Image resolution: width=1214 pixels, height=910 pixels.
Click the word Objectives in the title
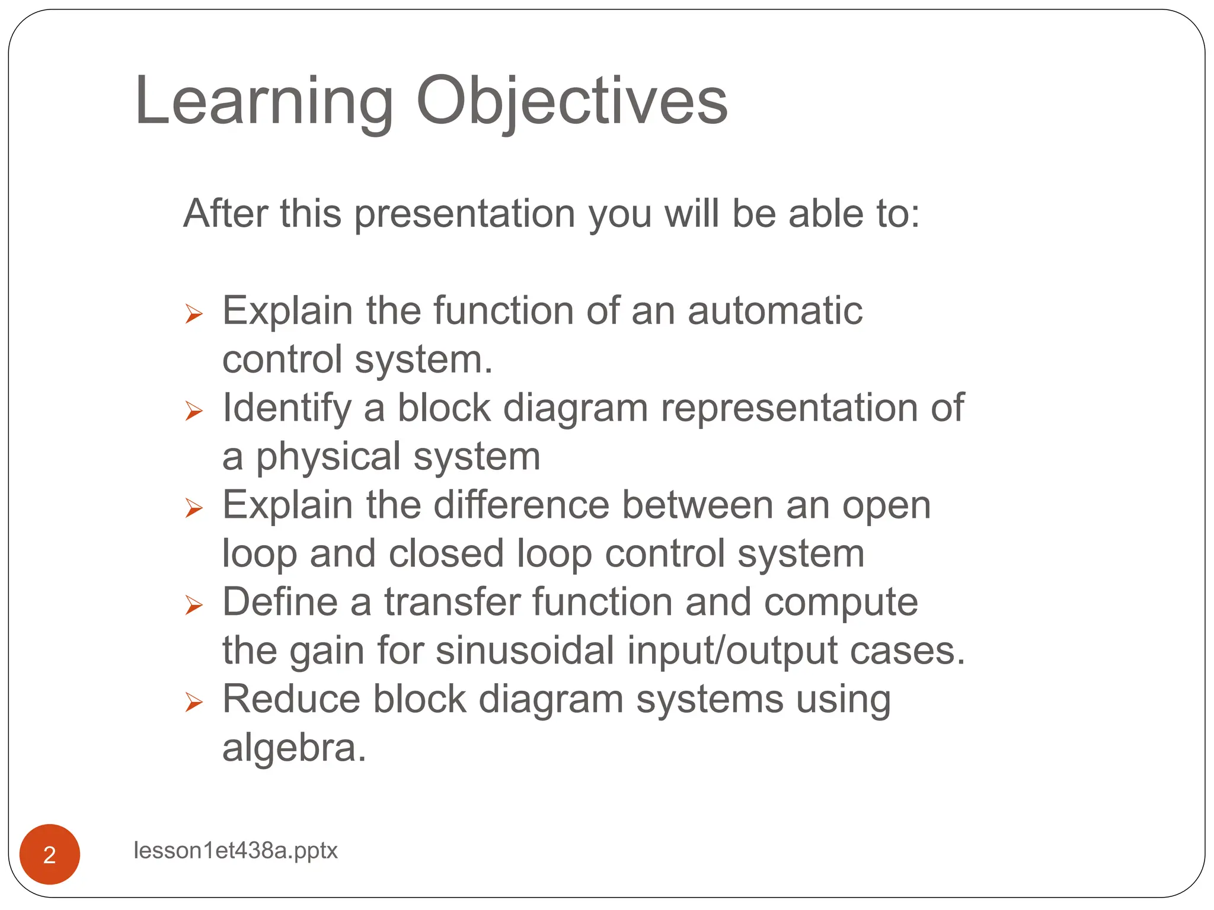pos(571,102)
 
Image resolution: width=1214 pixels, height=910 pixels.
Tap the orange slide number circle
pos(50,854)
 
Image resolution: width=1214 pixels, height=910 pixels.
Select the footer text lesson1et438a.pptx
pos(235,850)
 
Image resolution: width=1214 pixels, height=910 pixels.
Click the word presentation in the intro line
pos(465,214)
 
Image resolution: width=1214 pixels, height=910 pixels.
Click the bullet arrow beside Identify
pos(194,410)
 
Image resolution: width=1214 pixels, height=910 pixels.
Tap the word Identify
pos(287,409)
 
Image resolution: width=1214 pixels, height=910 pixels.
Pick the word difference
pos(521,505)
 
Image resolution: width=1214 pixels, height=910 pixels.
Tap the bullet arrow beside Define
pos(194,605)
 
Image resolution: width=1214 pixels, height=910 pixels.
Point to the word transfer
pos(452,603)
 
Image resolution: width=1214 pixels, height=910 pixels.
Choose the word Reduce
pos(291,700)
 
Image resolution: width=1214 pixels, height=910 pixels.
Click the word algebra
pos(294,748)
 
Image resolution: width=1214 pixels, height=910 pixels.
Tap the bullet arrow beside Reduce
pos(194,702)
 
